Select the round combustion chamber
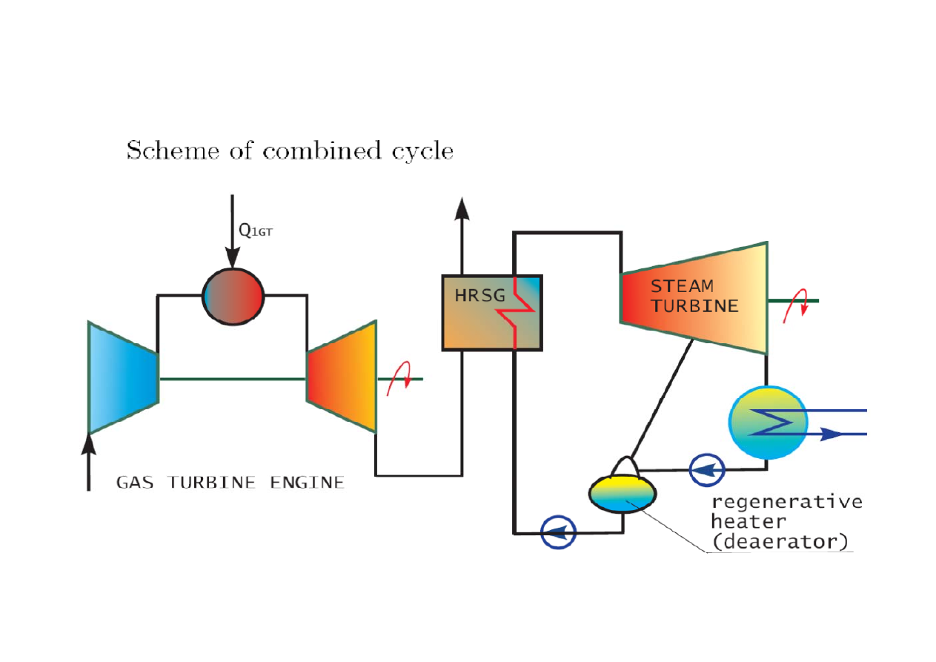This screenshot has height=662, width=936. click(x=233, y=296)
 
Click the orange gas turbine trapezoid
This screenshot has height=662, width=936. click(x=342, y=377)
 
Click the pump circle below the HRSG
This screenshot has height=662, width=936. click(x=558, y=532)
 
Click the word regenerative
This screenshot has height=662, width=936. click(x=786, y=501)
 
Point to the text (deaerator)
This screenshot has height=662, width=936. click(x=779, y=541)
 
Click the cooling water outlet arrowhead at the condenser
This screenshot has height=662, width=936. click(x=832, y=434)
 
